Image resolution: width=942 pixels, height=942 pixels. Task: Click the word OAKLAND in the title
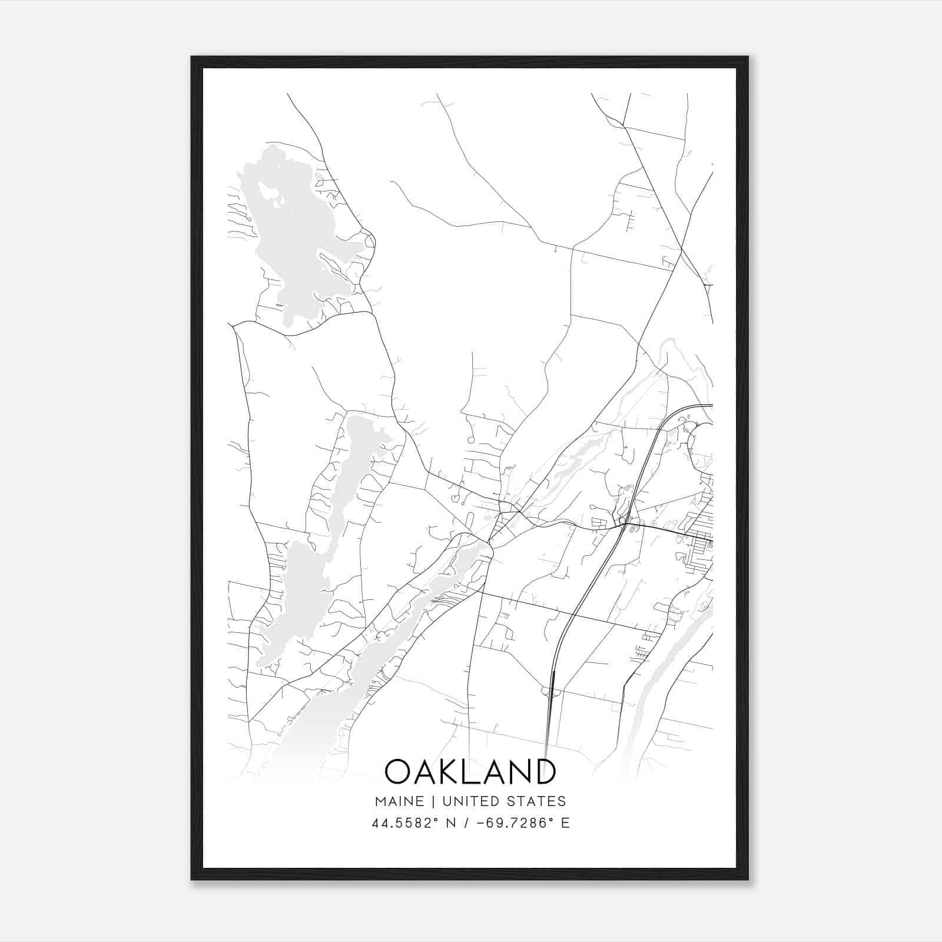coord(470,771)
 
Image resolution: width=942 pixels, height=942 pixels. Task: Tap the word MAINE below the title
coord(398,801)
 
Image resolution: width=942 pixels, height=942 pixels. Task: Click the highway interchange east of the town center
coord(622,522)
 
